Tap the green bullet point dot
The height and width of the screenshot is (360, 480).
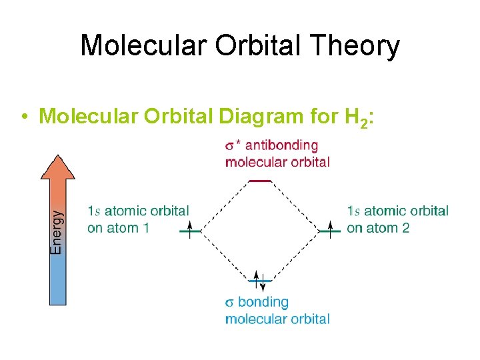click(23, 117)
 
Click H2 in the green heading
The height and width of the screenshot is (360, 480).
click(354, 117)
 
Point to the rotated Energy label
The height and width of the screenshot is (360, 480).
click(57, 232)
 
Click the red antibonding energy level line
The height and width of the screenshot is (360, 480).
click(259, 181)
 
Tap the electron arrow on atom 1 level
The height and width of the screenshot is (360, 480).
click(189, 230)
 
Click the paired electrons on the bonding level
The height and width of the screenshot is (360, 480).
click(259, 281)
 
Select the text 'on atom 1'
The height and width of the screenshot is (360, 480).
click(118, 228)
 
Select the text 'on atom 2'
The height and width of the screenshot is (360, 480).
click(378, 228)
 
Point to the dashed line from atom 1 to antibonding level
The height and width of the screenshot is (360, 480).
click(223, 206)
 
